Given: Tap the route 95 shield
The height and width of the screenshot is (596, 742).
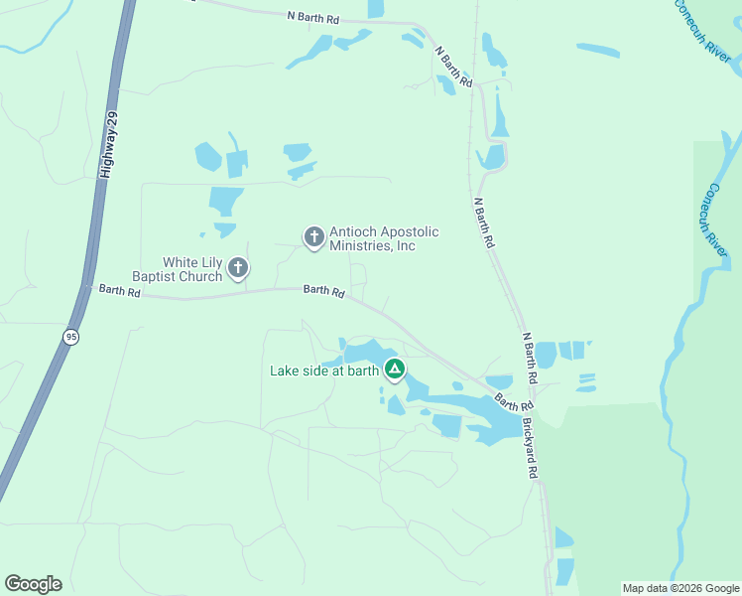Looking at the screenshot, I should pyautogui.click(x=69, y=338).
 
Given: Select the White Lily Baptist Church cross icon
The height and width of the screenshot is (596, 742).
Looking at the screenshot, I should pyautogui.click(x=238, y=267).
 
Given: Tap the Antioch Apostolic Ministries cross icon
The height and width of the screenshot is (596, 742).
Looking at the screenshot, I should pyautogui.click(x=313, y=236).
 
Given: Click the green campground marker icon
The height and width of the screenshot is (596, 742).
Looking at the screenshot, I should pyautogui.click(x=395, y=371).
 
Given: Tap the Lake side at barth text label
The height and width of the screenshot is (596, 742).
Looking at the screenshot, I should pyautogui.click(x=324, y=372).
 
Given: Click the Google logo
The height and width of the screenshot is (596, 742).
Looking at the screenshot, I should pyautogui.click(x=33, y=584).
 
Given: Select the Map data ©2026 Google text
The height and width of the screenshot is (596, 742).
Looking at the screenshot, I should pyautogui.click(x=680, y=588).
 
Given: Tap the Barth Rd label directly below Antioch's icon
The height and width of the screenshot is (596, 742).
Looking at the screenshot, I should pyautogui.click(x=323, y=292).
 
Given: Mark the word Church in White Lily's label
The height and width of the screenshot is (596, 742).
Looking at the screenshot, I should pyautogui.click(x=201, y=277).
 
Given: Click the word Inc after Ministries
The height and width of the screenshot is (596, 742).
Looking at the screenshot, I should pyautogui.click(x=406, y=246).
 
